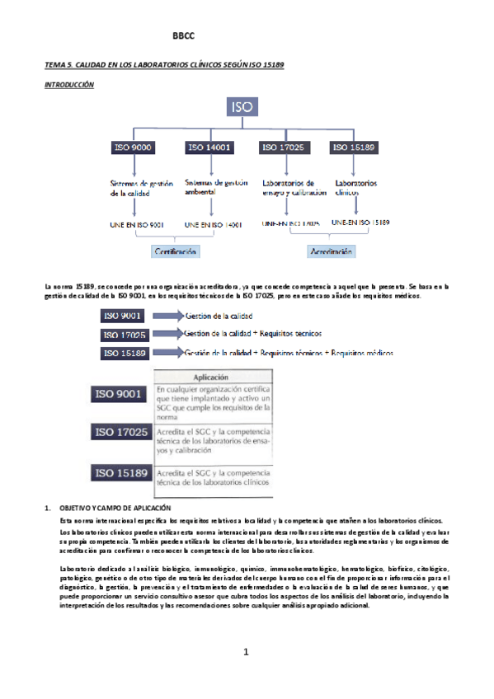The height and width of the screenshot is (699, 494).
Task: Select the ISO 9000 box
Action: [x=133, y=148]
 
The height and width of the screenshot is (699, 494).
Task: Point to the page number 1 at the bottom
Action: [x=246, y=654]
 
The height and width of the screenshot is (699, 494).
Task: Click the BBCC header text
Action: [x=183, y=35]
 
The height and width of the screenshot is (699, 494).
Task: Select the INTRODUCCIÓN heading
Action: [x=70, y=84]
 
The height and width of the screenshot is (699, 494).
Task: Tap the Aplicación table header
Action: [x=211, y=376]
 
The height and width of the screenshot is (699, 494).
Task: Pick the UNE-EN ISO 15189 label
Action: [x=360, y=223]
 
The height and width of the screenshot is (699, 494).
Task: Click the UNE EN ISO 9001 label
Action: [x=136, y=223]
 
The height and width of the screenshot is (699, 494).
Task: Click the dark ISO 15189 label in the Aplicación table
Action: [x=121, y=473]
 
